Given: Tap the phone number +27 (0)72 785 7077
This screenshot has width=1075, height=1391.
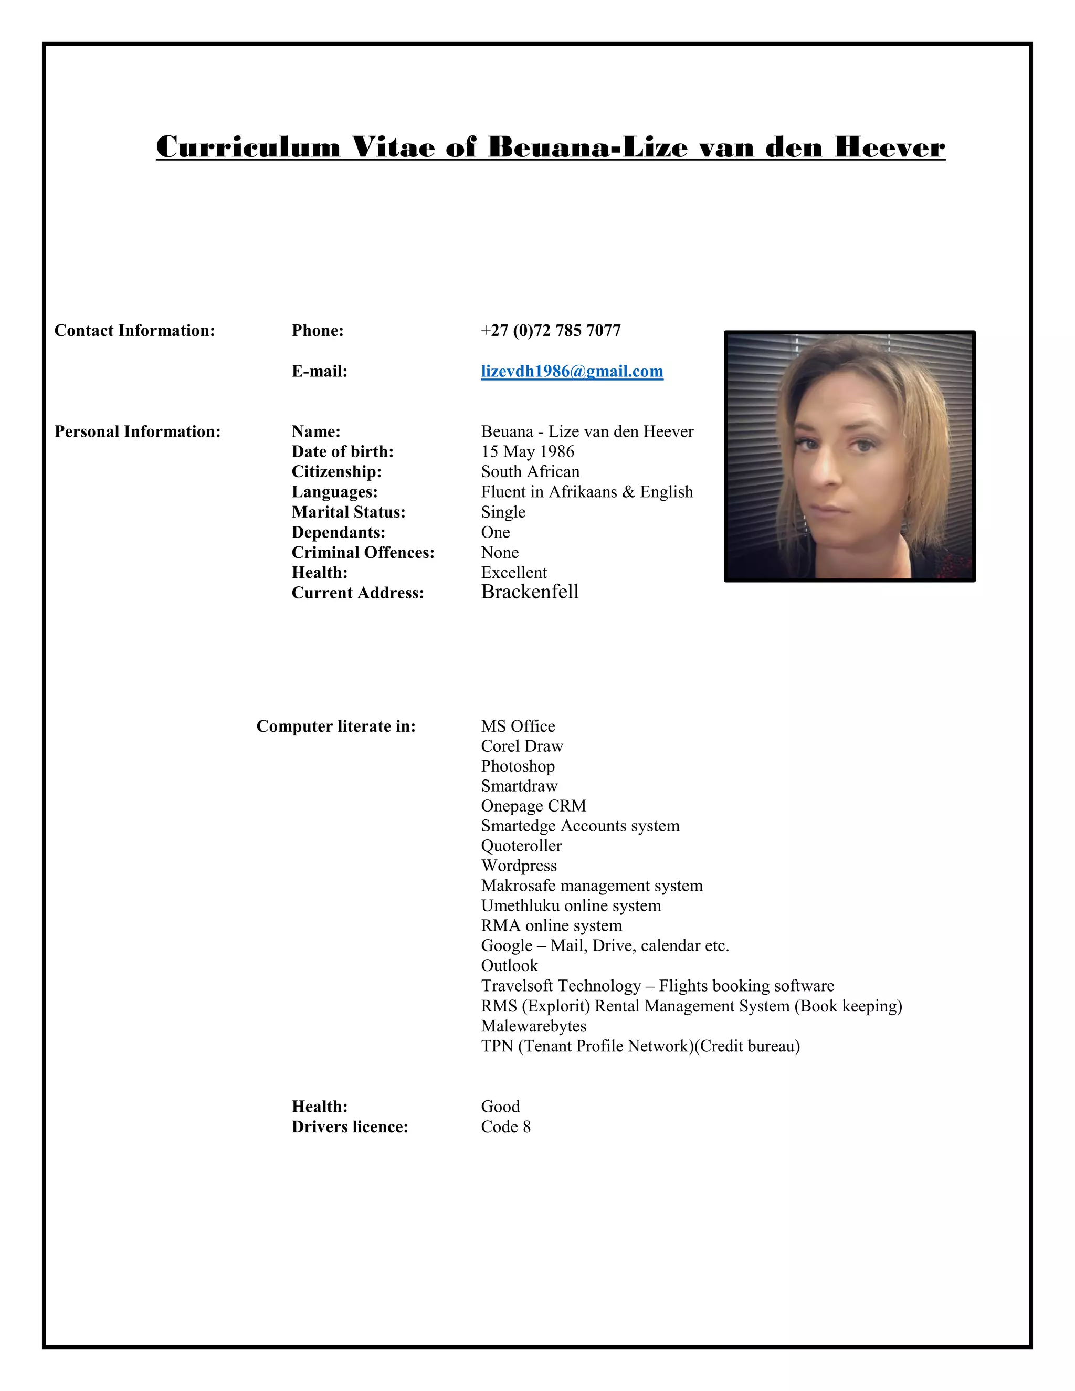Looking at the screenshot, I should [551, 331].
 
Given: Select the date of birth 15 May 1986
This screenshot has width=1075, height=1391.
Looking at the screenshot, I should [528, 451].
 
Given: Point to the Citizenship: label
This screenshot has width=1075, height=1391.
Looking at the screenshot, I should [336, 472].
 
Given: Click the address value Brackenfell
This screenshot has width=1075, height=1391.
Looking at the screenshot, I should [530, 592].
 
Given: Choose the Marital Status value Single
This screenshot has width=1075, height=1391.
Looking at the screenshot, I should [503, 512].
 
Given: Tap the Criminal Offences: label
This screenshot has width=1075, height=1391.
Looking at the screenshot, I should [363, 552].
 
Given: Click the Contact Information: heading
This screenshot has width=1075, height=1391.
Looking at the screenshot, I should [134, 331].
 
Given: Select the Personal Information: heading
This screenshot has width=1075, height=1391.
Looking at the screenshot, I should [138, 432].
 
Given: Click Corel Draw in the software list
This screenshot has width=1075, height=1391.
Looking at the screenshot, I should [522, 746].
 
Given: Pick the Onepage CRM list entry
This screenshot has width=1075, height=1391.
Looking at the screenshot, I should [534, 806].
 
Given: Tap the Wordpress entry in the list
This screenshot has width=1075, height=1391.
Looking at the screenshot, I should [519, 866].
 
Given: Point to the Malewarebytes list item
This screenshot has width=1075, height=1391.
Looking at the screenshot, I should [534, 1026].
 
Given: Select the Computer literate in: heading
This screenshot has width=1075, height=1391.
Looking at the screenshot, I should [335, 726].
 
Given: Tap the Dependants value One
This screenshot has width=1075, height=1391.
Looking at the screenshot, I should [496, 532].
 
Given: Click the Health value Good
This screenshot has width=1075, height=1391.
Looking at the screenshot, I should [501, 1107].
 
